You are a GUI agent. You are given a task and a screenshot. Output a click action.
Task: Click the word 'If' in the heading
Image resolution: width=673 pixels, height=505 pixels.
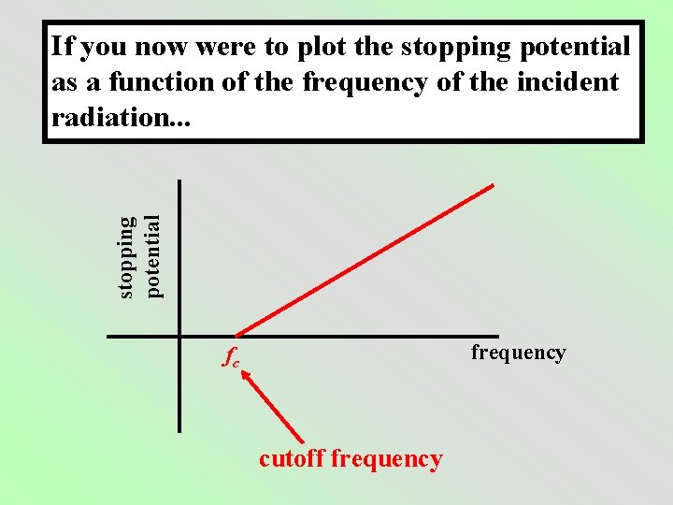62,46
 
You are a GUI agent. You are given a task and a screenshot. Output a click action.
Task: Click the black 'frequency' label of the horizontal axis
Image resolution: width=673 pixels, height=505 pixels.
518,353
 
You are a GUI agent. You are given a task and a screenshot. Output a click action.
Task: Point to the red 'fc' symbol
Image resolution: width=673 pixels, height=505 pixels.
232,357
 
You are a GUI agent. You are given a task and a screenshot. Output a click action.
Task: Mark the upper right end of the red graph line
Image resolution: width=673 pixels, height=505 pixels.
492,184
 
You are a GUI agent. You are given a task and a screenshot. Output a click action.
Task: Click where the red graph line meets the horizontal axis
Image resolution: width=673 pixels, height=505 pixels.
236,335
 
